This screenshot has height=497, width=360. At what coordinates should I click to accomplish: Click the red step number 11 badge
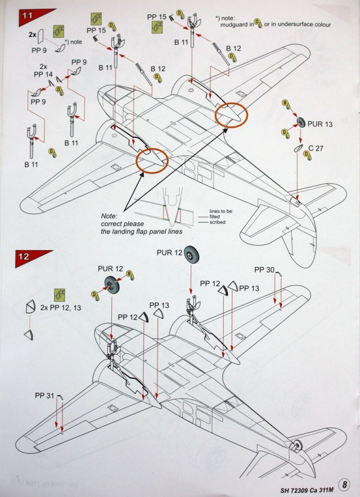27,16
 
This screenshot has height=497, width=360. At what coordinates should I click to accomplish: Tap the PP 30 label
265,270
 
